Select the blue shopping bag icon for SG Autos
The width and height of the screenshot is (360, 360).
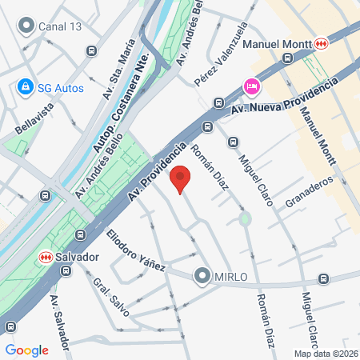point(26,86)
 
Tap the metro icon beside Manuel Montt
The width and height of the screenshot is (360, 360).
point(321,43)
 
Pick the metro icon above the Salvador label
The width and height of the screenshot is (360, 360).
point(46,257)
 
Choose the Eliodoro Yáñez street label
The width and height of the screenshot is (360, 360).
point(136,249)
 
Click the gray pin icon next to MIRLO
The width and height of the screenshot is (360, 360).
point(201,277)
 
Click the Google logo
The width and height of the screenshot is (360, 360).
point(26,350)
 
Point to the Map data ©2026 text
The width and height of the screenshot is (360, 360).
point(326,354)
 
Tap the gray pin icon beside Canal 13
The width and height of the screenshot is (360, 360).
point(28,26)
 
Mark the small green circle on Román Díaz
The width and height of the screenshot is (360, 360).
point(246,218)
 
